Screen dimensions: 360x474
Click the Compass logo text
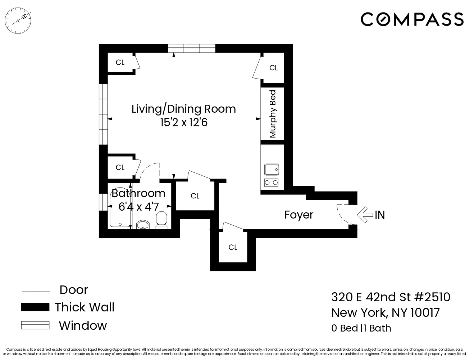click(x=412, y=19)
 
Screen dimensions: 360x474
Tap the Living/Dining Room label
click(x=183, y=109)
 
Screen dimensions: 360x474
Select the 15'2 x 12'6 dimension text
click(x=184, y=122)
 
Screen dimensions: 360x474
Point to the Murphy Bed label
click(x=273, y=114)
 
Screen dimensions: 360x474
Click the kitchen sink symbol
click(x=272, y=169)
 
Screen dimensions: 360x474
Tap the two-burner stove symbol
click(x=272, y=183)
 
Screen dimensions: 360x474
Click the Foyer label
click(x=299, y=215)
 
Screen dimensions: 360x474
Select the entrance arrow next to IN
click(x=364, y=215)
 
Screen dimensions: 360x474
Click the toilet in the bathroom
click(x=161, y=220)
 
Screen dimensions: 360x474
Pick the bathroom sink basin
click(x=143, y=225)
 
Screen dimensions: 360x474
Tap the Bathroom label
click(x=138, y=193)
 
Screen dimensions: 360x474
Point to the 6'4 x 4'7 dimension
click(x=139, y=207)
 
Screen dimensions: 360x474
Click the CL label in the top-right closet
click(x=274, y=68)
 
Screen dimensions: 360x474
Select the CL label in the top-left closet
click(x=120, y=63)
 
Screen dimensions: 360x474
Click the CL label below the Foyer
click(x=233, y=247)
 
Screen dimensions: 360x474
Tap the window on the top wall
click(x=192, y=48)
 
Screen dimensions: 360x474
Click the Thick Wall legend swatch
click(x=35, y=307)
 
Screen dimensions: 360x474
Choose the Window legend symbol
click(x=35, y=325)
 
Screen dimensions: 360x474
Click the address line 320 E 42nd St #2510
click(x=391, y=297)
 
